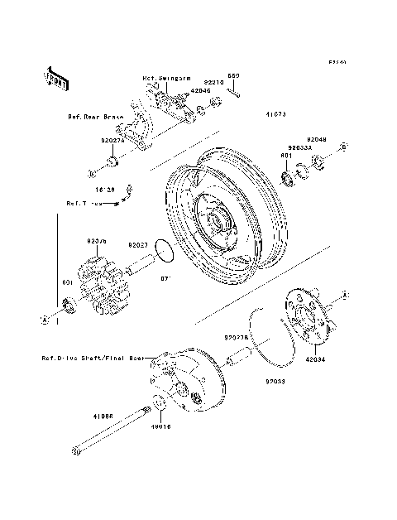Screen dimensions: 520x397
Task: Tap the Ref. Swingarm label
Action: (x=161, y=79)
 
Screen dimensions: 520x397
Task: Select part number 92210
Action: (x=213, y=83)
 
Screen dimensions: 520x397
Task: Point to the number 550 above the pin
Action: (x=233, y=75)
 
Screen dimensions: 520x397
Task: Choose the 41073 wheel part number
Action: (x=276, y=115)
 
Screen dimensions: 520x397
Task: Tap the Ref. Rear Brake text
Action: (x=95, y=117)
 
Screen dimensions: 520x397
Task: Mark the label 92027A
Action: (x=112, y=141)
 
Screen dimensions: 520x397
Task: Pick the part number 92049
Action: (x=318, y=139)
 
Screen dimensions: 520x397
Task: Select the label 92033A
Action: (x=301, y=147)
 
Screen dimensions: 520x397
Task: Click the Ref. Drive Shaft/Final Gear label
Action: (x=93, y=359)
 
